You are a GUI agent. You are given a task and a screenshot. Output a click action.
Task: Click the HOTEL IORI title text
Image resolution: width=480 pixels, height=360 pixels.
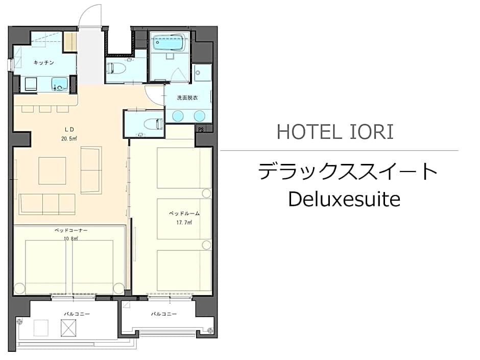(335, 132)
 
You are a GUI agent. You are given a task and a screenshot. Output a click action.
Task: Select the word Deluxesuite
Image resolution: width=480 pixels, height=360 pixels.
(344, 199)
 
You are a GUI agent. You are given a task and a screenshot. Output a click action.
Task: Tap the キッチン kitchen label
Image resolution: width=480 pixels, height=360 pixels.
(44, 62)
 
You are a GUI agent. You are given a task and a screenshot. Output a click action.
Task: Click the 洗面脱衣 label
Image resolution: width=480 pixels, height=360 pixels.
(187, 98)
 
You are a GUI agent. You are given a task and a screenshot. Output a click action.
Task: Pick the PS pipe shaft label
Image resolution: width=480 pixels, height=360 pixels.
(201, 130)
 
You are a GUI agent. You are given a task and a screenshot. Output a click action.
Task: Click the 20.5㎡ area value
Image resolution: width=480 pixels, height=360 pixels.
(69, 138)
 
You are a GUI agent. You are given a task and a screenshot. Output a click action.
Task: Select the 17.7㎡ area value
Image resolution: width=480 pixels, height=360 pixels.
(184, 223)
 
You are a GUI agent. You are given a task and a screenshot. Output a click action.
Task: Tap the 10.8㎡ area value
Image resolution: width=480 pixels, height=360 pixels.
(70, 238)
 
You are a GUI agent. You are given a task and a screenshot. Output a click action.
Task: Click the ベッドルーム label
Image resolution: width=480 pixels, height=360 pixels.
(184, 213)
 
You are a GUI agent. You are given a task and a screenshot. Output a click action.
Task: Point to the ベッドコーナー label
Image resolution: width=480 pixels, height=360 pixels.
(71, 230)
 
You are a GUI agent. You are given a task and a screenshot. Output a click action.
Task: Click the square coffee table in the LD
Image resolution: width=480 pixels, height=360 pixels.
(53, 171)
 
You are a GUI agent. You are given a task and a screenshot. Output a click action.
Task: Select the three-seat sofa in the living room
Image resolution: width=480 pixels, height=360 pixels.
(47, 204)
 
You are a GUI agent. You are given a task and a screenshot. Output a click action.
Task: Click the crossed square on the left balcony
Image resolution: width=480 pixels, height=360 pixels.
(68, 328)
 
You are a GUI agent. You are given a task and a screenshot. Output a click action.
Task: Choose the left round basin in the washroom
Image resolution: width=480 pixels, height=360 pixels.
(178, 116)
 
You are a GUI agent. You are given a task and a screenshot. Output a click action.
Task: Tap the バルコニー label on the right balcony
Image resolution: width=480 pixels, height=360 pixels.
(164, 314)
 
